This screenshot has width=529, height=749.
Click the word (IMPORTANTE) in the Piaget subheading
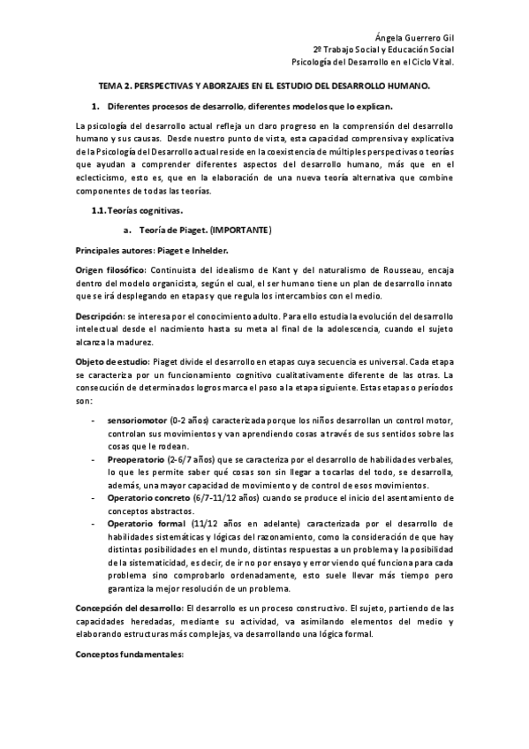pos(240,231)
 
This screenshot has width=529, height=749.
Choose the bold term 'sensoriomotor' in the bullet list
pos(137,421)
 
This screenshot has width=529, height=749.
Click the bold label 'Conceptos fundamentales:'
pos(128,654)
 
